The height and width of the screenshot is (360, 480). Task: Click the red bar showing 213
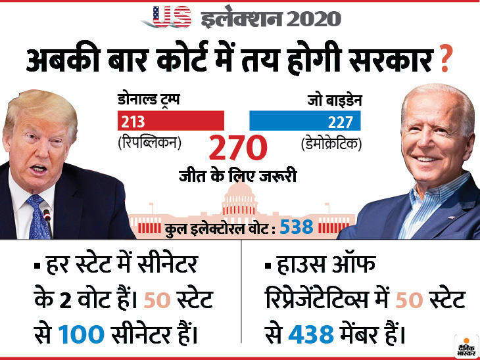click(171, 121)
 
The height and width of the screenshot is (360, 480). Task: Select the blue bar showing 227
click(304, 121)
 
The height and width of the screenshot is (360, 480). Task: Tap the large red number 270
click(237, 149)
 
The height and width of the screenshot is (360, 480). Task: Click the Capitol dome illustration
click(240, 197)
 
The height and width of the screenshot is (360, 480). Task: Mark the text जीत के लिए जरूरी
click(237, 175)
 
